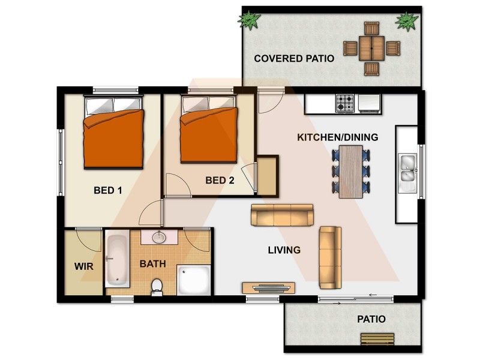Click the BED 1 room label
(x=108, y=191)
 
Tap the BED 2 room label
(x=220, y=180)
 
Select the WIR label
(x=83, y=265)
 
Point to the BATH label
(x=153, y=263)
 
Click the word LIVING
(x=284, y=250)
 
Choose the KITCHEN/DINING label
(x=338, y=137)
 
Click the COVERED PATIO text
(x=293, y=58)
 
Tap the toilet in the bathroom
(x=157, y=286)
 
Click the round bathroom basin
(x=159, y=237)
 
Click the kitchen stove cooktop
(x=345, y=103)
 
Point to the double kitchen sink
(x=408, y=168)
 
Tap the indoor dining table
(x=351, y=171)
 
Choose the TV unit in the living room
(x=269, y=287)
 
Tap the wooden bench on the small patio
(x=377, y=339)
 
